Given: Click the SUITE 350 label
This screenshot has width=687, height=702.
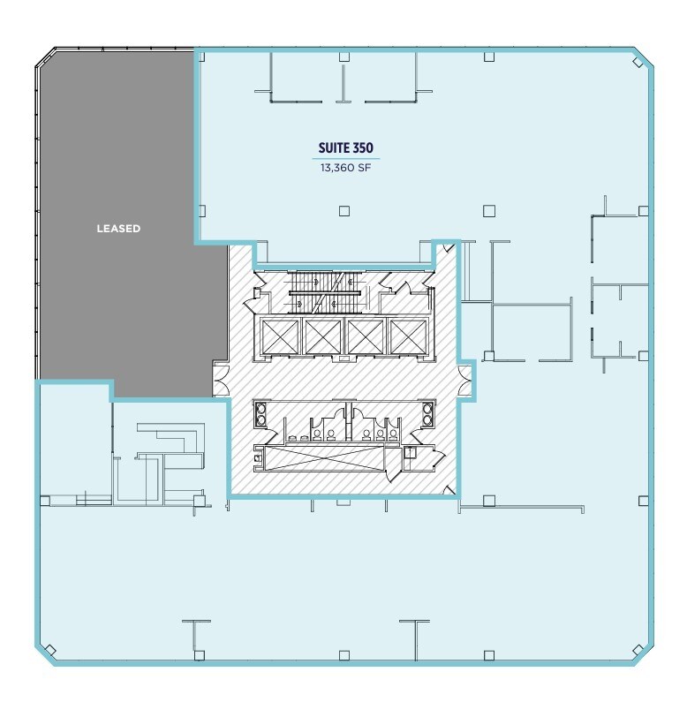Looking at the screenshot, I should tap(344, 148).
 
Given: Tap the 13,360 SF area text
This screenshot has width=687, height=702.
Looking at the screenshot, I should tap(344, 166).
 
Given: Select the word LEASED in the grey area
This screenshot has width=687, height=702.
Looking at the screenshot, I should tap(118, 229).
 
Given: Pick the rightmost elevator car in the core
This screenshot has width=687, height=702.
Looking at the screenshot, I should tap(407, 336).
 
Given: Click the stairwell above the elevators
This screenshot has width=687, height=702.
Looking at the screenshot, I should tap(327, 291).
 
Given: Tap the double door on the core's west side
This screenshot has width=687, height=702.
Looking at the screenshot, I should tap(219, 381).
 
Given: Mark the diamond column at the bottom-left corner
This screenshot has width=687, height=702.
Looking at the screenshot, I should tap(49, 651).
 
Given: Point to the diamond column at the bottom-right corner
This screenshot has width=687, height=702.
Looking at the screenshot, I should tap(638, 651).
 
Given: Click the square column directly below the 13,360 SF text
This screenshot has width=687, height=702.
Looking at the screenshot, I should tap(344, 210).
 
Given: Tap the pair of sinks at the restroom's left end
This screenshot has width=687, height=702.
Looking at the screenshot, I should tap(261, 414).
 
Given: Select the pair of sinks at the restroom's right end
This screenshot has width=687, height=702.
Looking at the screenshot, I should tap(427, 414).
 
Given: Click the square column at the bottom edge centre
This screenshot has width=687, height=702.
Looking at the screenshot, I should tap(344, 654).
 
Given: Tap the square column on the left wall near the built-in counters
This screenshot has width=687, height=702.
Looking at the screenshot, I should tap(43, 502).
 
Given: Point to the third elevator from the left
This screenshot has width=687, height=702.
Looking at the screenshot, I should tap(364, 336).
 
